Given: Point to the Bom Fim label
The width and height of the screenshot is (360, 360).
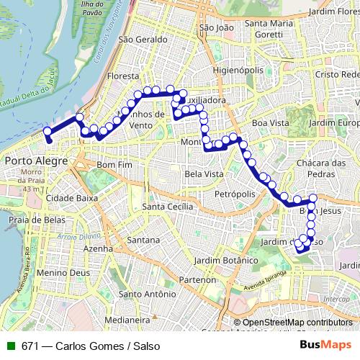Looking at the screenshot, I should (115, 165).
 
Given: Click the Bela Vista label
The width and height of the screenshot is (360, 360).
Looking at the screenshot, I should (203, 174).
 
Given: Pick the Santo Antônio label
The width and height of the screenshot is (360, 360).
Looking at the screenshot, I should (148, 294).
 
